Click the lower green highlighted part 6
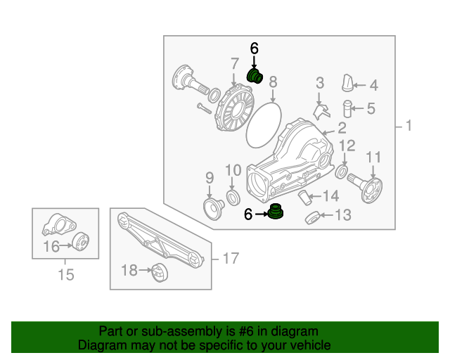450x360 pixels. coord(278,212)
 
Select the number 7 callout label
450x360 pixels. coord(234,65)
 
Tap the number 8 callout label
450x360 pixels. coord(273,81)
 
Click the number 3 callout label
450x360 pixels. coord(319,83)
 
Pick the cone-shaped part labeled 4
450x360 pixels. coord(347,82)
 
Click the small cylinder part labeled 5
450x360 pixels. coord(347,109)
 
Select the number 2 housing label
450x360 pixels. coord(342,128)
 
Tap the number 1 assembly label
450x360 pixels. coord(407,127)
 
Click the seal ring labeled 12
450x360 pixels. coord(342,172)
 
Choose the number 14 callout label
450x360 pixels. coord(330,195)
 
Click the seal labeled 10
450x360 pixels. coord(232,195)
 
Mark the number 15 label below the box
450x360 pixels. coord(65,274)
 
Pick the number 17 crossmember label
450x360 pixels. coord(230,259)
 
